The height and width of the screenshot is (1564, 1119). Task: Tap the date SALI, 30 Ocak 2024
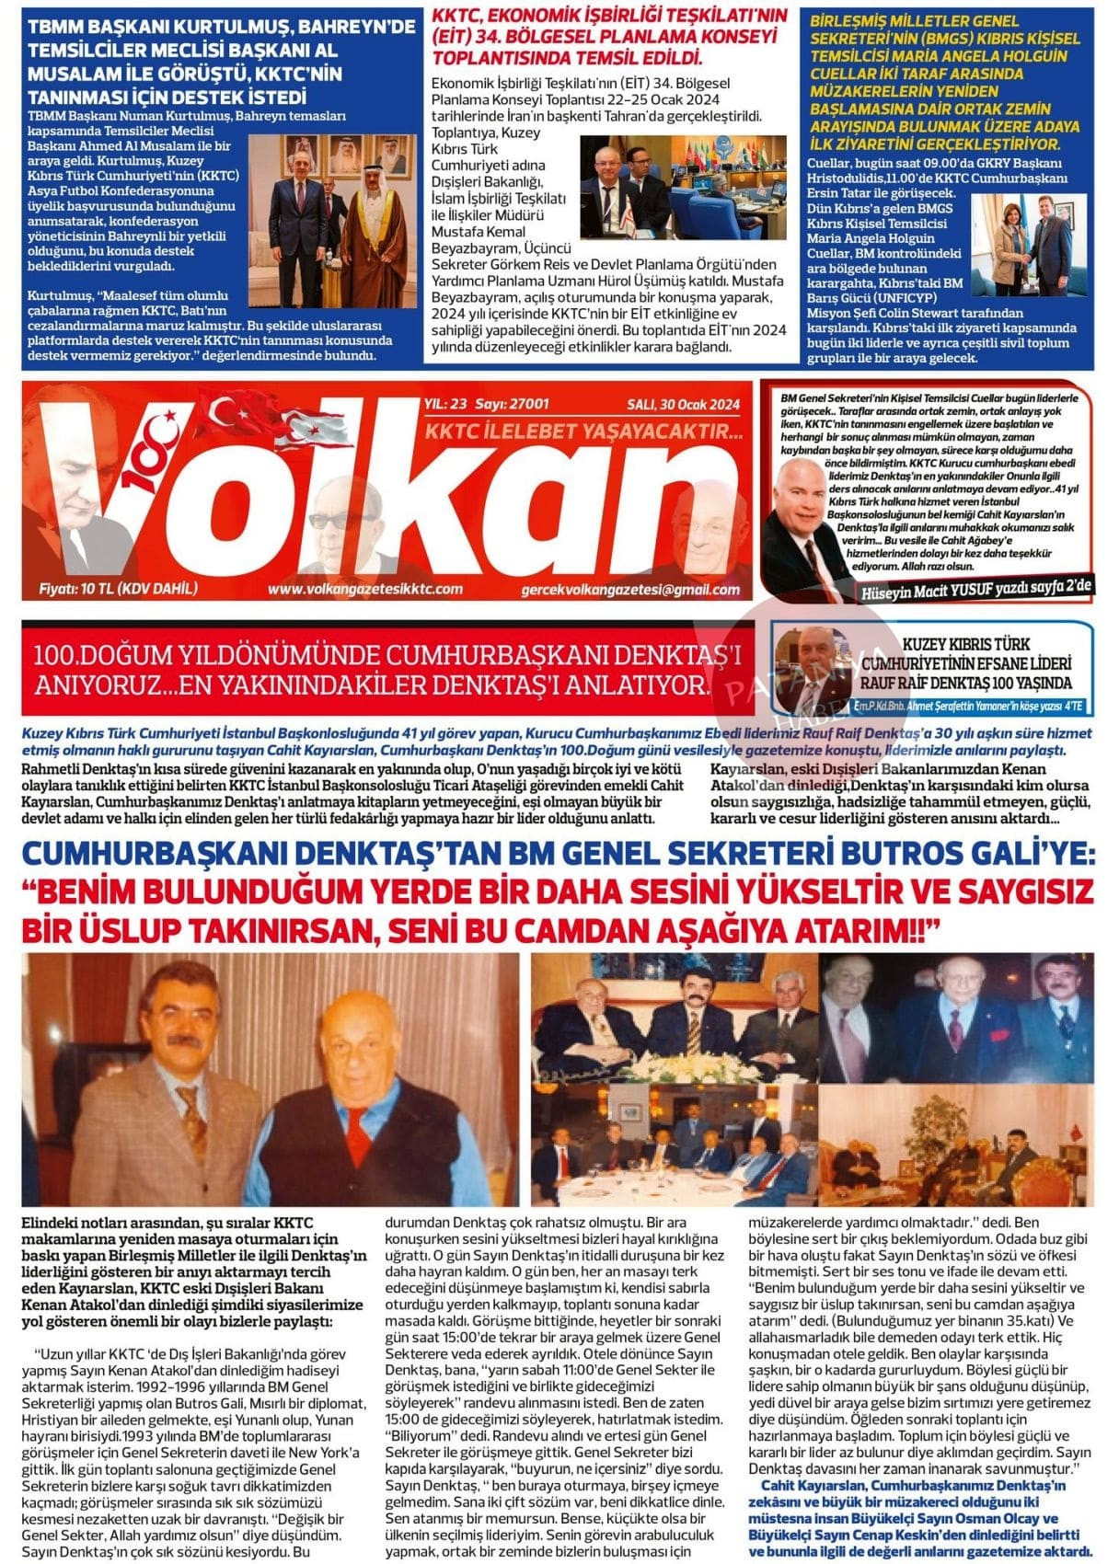pyautogui.click(x=683, y=404)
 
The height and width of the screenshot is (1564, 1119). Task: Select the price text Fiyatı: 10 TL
pyautogui.click(x=118, y=589)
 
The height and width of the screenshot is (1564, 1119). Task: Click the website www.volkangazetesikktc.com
pyautogui.click(x=365, y=589)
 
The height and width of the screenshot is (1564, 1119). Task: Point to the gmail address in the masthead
pyautogui.click(x=629, y=590)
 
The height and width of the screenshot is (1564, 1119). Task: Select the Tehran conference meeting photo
pyautogui.click(x=682, y=188)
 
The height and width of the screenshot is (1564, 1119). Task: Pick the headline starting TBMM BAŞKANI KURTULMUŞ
pyautogui.click(x=221, y=62)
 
